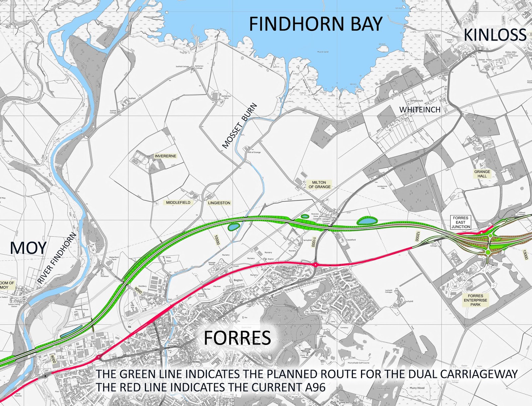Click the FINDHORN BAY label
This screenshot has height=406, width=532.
coord(316,24)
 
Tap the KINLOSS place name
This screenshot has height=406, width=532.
coord(495,35)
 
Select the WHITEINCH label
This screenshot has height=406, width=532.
coord(420,110)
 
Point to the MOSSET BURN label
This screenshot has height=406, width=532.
coord(239,126)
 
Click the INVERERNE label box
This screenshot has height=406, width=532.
coord(165,156)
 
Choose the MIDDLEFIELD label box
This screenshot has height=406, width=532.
coord(178,202)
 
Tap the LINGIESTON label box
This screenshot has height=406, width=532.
coord(219,203)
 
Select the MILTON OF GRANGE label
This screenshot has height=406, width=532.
coord(319,185)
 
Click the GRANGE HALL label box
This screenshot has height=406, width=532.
coord(482,174)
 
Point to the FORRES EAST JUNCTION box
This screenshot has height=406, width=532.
coord(461,222)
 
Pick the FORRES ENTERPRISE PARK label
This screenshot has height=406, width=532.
coord(475,300)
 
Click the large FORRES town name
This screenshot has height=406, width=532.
coord(237,338)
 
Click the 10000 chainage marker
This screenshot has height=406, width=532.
coord(217,240)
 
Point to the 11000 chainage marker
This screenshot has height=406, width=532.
coord(313,242)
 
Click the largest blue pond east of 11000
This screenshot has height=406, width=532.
coord(367,221)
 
